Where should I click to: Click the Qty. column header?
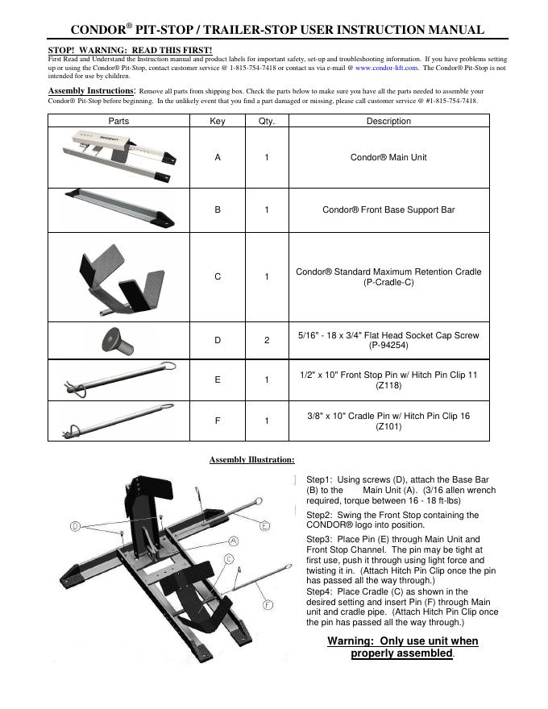[x=267, y=122]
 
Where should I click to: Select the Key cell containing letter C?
[x=218, y=277]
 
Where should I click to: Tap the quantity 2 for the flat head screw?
[x=267, y=341]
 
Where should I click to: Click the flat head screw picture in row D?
[x=117, y=340]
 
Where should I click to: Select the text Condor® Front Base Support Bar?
[x=388, y=209]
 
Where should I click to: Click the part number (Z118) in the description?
[x=388, y=386]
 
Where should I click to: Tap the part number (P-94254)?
[x=388, y=346]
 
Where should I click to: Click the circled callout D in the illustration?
[x=74, y=526]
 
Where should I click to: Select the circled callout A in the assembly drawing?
[x=232, y=540]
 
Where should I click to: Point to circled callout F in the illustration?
[x=268, y=604]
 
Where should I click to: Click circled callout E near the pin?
[x=264, y=524]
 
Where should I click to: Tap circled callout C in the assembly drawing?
[x=229, y=558]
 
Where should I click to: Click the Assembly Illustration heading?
[x=251, y=460]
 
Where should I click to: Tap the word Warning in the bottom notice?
[x=351, y=641]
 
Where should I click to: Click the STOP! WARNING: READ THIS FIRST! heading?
[x=131, y=51]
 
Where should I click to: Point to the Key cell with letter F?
[x=218, y=421]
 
